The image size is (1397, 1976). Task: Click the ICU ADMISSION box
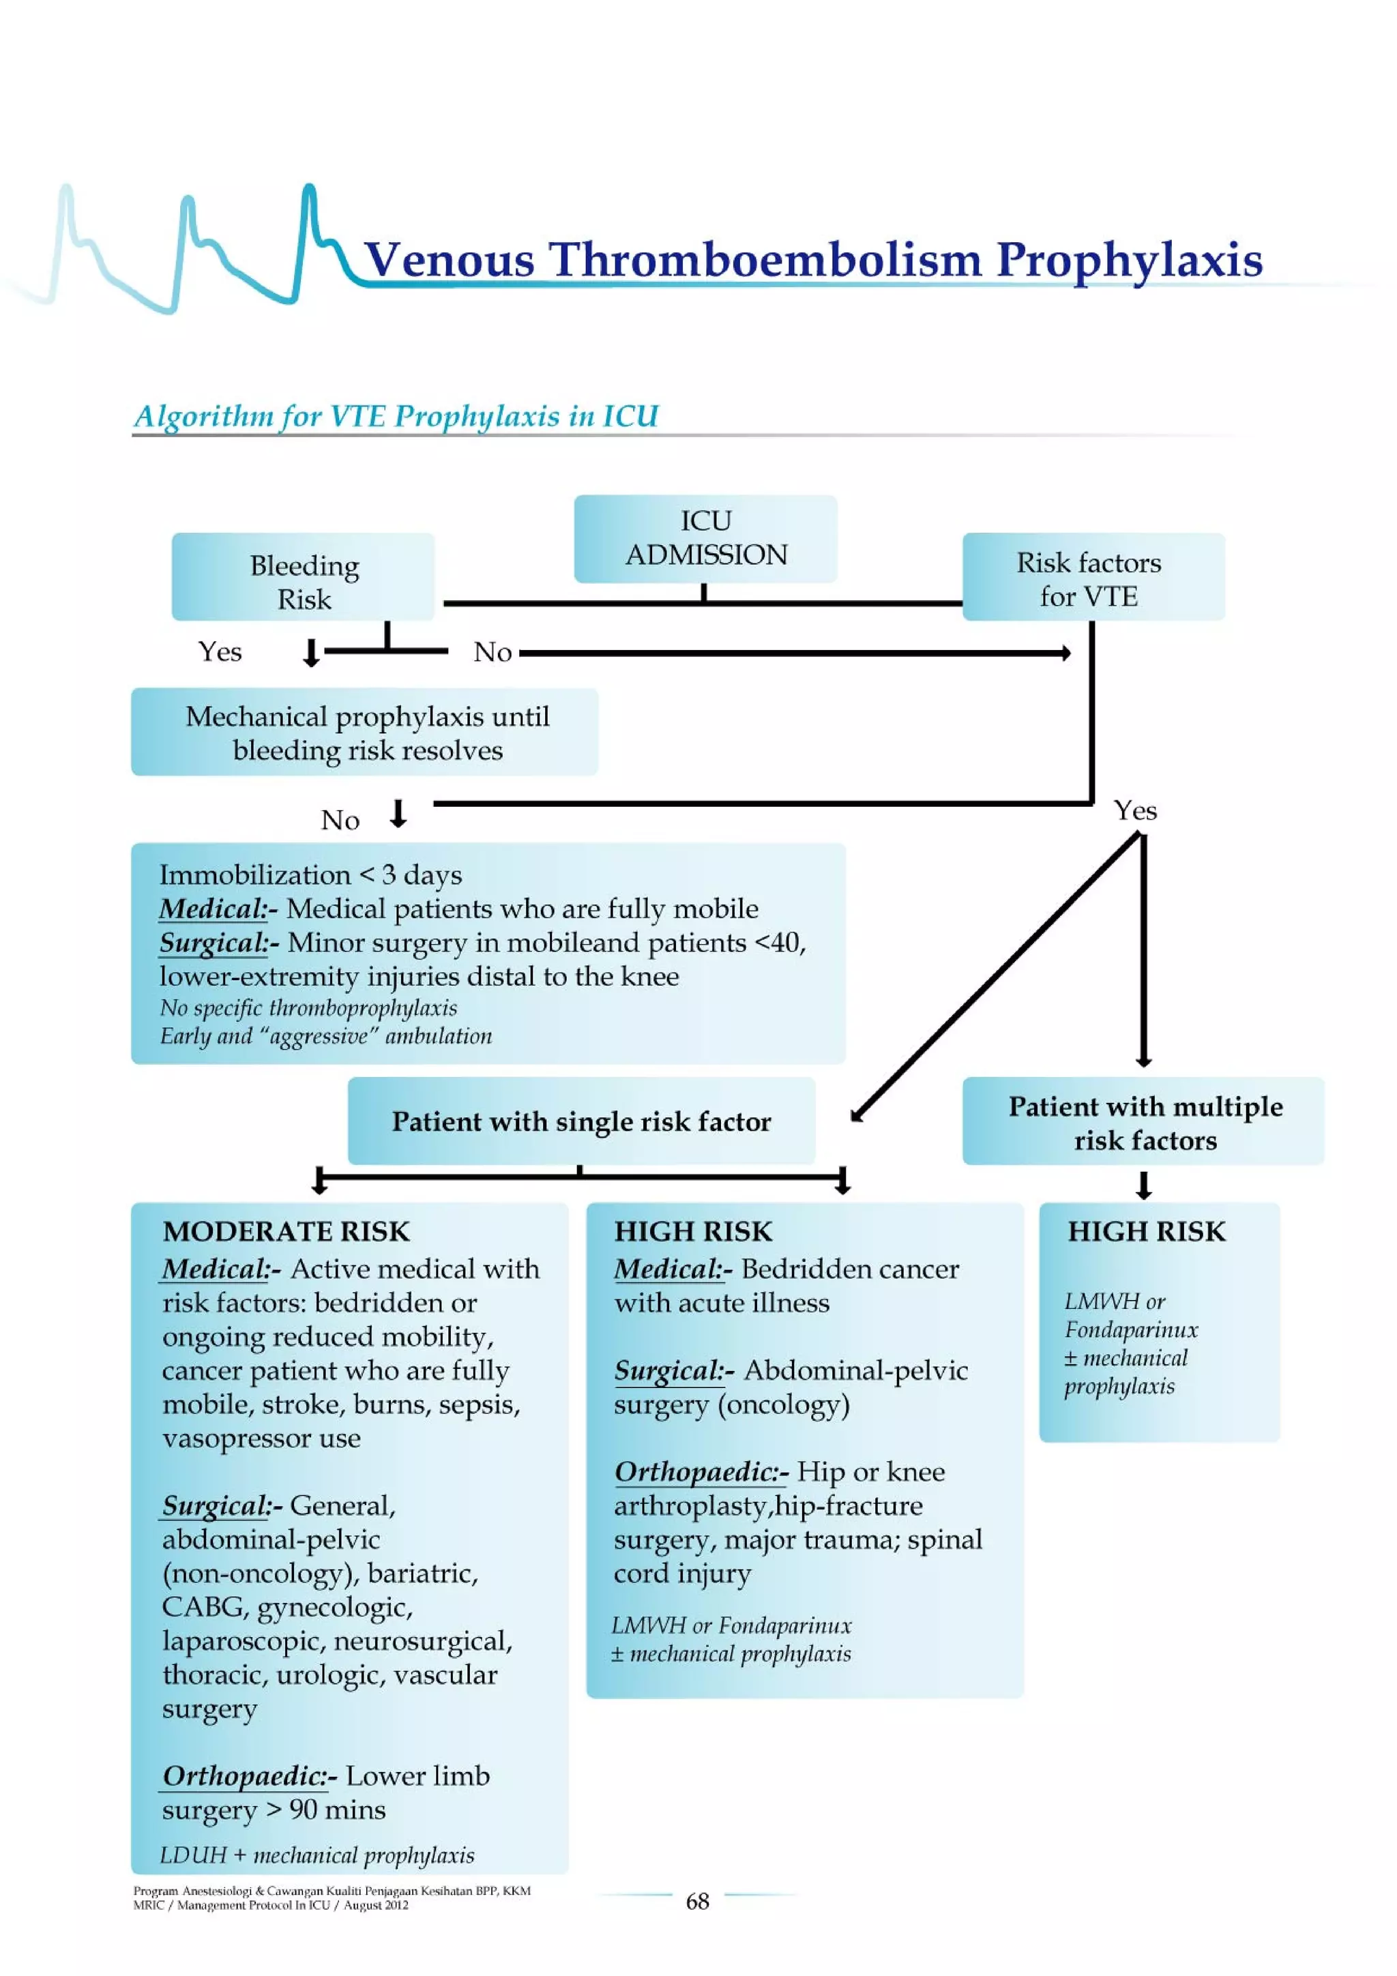[705, 538]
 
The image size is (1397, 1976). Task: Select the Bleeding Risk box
[303, 576]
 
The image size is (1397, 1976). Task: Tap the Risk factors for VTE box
[1092, 576]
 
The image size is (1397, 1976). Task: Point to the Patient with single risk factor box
[581, 1121]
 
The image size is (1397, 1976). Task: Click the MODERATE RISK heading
[286, 1230]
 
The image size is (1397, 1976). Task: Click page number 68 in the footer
[696, 1901]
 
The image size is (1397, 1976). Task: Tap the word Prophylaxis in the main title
[1128, 259]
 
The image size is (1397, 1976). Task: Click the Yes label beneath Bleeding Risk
[220, 651]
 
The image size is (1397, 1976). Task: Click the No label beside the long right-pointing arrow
[492, 652]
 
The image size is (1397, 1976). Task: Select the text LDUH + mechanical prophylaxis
[317, 1855]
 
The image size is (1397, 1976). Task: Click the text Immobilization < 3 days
[310, 874]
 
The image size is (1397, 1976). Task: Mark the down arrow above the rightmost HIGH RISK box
[1143, 1184]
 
